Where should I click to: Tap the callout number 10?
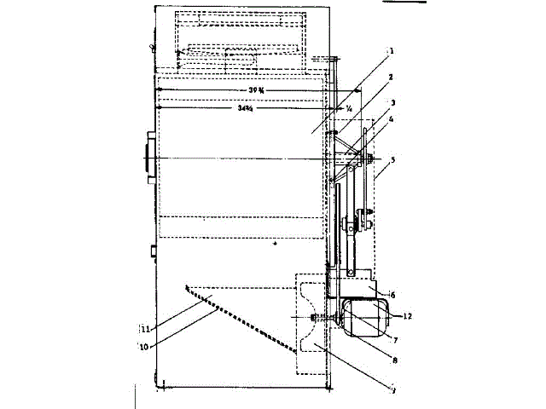142,345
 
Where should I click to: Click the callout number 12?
408,317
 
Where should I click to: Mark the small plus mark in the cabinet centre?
275,244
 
